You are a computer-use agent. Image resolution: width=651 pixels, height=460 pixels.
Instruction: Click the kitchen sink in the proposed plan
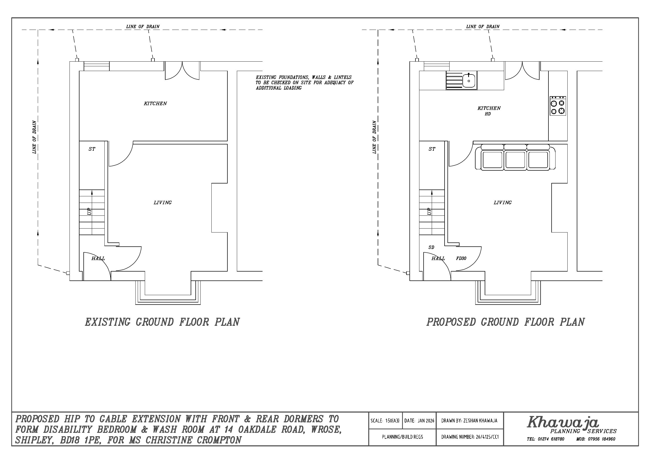click(x=462, y=80)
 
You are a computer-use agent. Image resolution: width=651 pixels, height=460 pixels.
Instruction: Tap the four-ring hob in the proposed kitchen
click(x=558, y=106)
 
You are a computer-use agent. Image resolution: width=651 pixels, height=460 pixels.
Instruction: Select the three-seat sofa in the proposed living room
click(x=515, y=157)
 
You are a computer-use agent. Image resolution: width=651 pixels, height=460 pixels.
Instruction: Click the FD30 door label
click(x=461, y=258)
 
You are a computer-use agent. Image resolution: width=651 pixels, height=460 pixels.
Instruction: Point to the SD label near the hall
click(x=431, y=247)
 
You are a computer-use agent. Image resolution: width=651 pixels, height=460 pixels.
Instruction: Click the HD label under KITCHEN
click(x=488, y=114)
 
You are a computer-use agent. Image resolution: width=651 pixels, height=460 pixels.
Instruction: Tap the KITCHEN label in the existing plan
click(x=155, y=104)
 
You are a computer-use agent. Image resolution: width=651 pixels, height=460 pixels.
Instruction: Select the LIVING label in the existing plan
click(x=162, y=202)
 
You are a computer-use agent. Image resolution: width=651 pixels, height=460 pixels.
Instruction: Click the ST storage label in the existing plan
click(x=92, y=149)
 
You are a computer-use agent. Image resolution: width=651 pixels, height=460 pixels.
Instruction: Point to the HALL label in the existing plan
click(x=98, y=258)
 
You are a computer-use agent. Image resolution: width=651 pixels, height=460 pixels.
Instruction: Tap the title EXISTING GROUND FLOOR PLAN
click(x=162, y=322)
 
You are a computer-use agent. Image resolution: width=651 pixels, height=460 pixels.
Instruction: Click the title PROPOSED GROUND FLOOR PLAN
click(x=505, y=322)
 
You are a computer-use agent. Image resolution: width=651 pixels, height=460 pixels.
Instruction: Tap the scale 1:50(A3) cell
click(x=386, y=421)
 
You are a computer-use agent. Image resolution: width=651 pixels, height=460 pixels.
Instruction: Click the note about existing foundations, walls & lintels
click(x=305, y=83)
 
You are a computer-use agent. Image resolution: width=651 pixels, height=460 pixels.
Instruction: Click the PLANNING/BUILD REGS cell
click(x=402, y=437)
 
